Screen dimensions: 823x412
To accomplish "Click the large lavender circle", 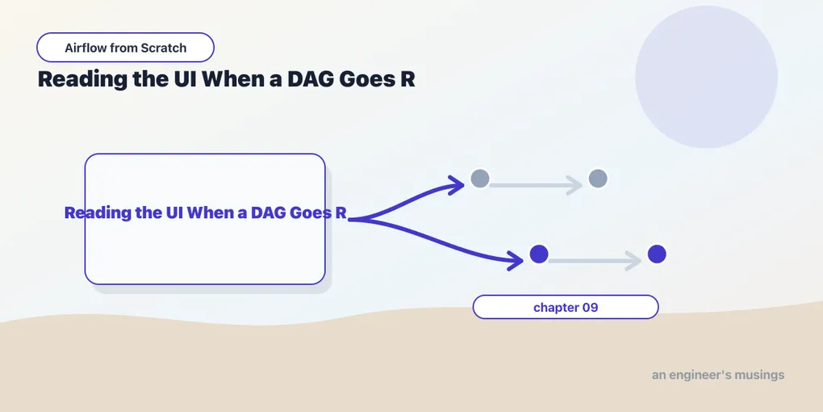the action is tap(706, 77).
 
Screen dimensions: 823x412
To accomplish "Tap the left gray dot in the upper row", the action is tap(480, 179).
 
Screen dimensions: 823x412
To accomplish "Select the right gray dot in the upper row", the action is tap(598, 179).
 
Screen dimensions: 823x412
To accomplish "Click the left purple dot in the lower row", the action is tap(539, 254).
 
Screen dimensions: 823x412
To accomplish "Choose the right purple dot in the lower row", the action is tap(657, 254).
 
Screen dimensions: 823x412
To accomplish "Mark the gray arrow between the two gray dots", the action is tap(536, 185).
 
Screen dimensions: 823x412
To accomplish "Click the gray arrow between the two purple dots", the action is tap(595, 261).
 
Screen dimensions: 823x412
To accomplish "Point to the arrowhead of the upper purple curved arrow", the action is tap(462, 184).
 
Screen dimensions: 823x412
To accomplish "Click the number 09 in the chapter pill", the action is tap(591, 308).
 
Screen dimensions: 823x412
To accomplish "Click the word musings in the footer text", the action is tap(762, 375).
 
